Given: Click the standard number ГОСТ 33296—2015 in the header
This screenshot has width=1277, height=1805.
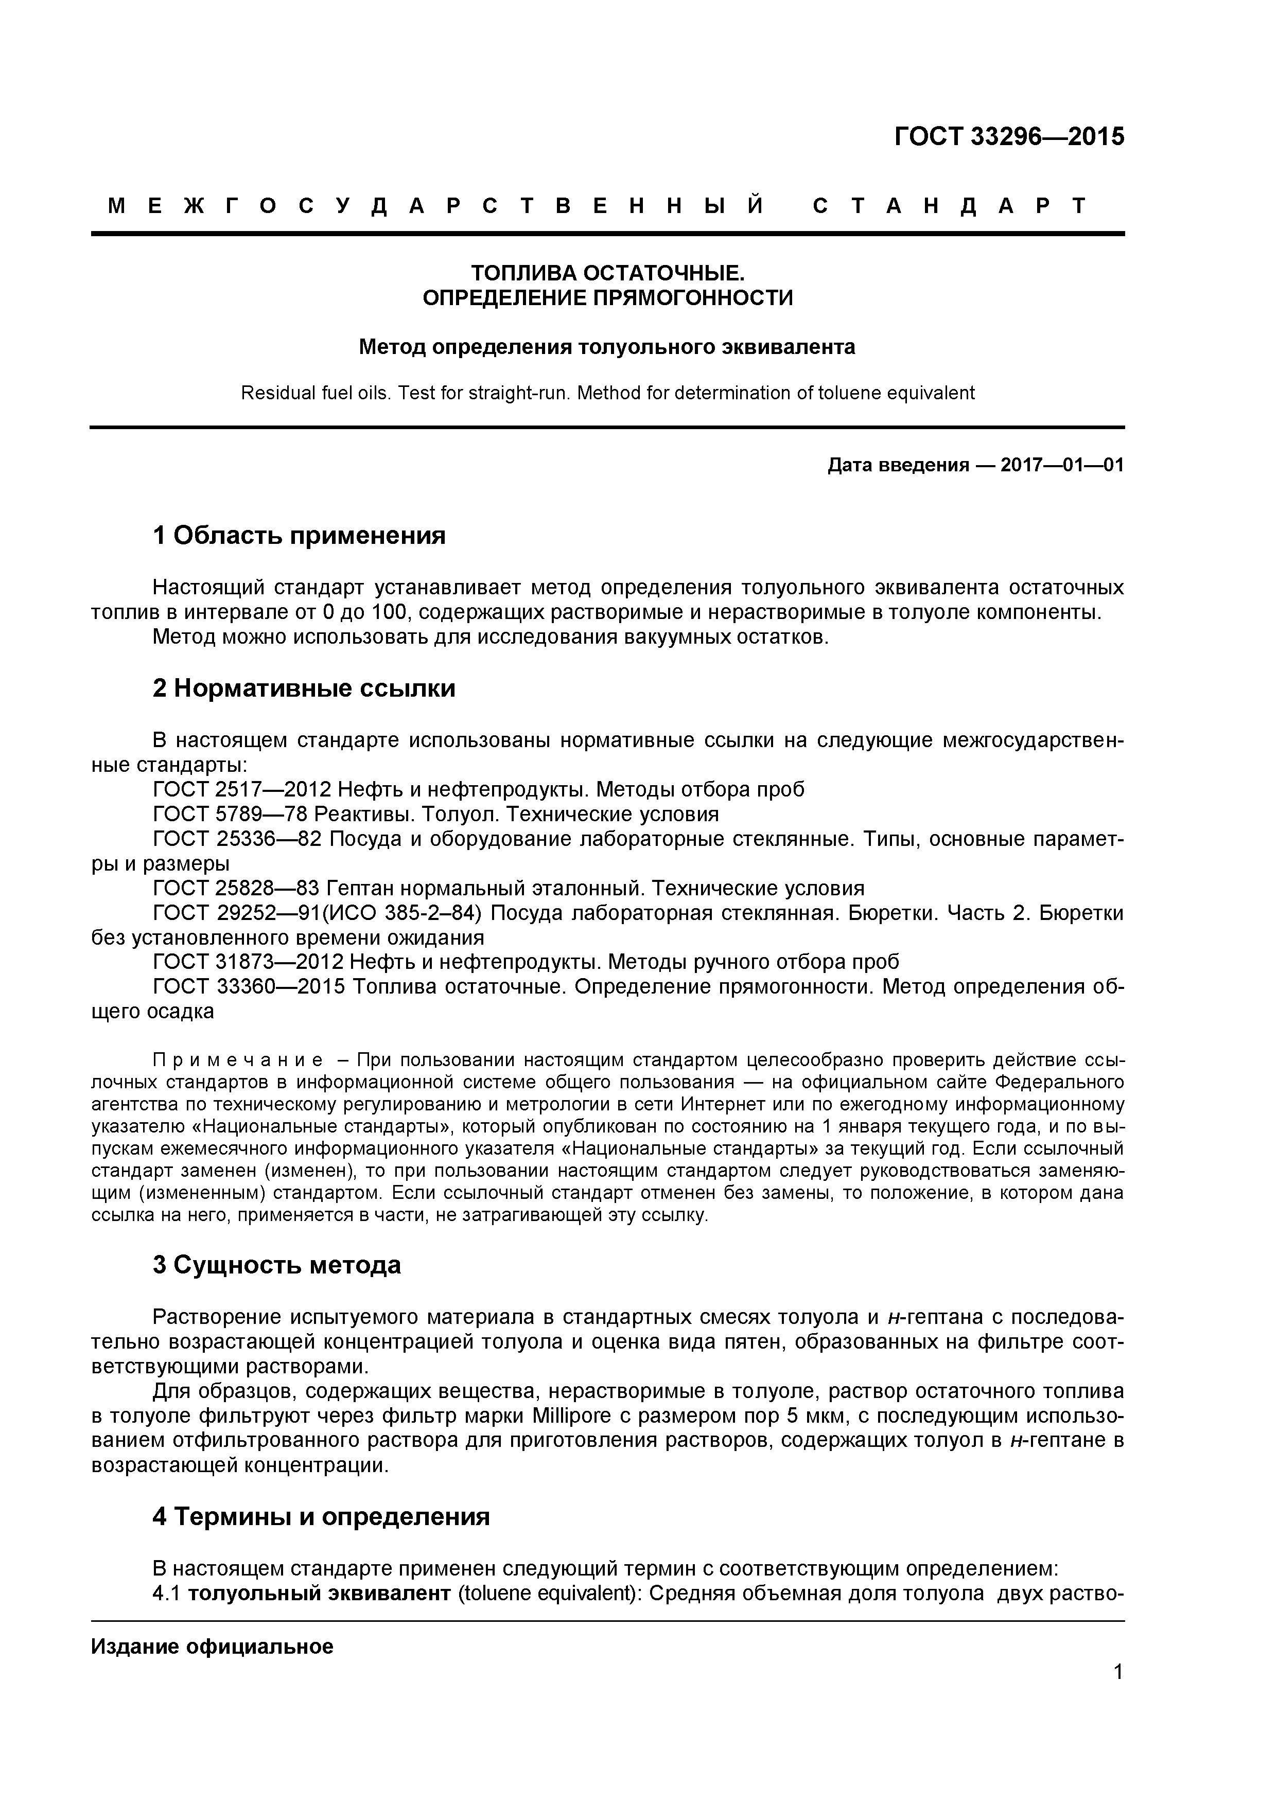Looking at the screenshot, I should (1009, 137).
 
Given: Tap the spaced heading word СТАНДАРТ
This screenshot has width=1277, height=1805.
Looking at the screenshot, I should (949, 206).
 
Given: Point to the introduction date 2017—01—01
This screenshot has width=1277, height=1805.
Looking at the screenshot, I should (1061, 466).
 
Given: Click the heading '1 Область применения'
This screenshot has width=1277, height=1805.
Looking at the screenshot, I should (299, 535).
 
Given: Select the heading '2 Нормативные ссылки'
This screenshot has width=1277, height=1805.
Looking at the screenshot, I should (304, 688).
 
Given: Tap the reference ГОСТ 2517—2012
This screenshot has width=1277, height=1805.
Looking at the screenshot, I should (248, 789).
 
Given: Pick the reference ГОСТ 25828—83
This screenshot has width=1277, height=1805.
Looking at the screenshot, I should (236, 888).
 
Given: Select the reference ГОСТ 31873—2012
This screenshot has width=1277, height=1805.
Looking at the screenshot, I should (248, 962).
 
